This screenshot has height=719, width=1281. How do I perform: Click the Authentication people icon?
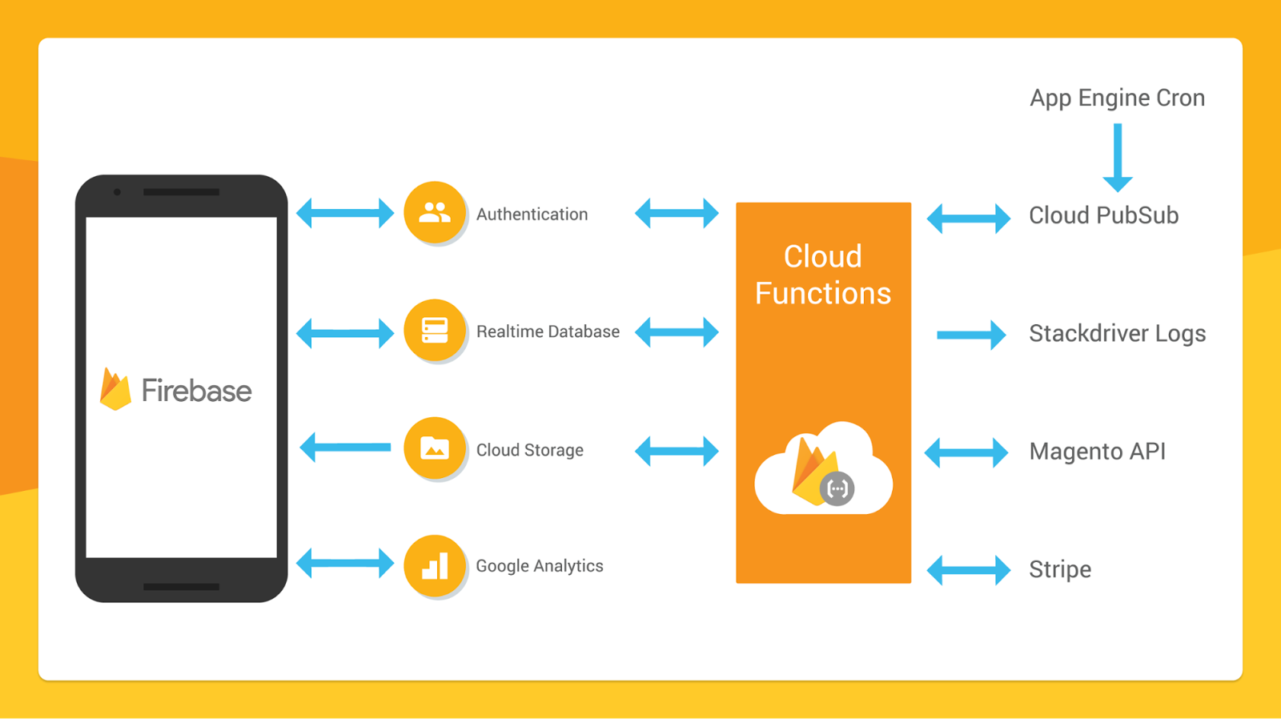(435, 212)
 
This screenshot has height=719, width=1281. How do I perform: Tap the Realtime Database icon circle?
(435, 330)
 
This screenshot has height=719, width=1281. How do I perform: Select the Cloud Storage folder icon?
(435, 448)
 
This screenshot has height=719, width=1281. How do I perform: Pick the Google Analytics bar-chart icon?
(435, 566)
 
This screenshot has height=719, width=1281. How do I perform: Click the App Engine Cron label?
(1118, 98)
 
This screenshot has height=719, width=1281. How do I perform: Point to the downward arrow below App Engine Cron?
(1118, 157)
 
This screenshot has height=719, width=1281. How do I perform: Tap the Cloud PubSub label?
(1104, 215)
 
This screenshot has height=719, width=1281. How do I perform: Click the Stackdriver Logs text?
(1118, 333)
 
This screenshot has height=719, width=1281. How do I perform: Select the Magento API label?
(1098, 452)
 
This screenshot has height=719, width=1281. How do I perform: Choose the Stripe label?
(1060, 570)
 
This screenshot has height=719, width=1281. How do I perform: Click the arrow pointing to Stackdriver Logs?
(971, 335)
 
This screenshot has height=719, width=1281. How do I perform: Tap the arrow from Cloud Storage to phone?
(345, 448)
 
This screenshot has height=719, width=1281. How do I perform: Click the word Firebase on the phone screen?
(196, 391)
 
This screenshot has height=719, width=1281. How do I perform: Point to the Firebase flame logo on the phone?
(115, 389)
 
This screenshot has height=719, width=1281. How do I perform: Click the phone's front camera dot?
(117, 192)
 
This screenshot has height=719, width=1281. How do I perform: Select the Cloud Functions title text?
(823, 275)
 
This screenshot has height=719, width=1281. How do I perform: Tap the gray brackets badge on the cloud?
(837, 489)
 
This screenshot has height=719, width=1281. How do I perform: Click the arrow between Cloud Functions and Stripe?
(968, 570)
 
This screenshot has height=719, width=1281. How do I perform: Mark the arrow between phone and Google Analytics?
(345, 564)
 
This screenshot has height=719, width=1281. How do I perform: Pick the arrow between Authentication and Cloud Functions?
(677, 213)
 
